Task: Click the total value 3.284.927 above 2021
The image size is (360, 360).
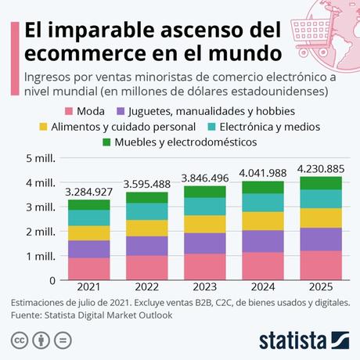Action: point(88,190)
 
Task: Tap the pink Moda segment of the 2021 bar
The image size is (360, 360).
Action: point(88,268)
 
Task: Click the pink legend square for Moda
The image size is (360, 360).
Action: point(70,110)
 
